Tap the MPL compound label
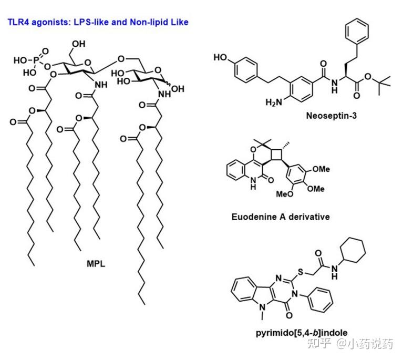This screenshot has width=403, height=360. [96, 264]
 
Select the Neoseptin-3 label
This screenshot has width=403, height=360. [331, 115]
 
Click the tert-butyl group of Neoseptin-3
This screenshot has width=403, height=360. [386, 78]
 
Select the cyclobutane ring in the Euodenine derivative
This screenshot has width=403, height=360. [281, 154]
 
